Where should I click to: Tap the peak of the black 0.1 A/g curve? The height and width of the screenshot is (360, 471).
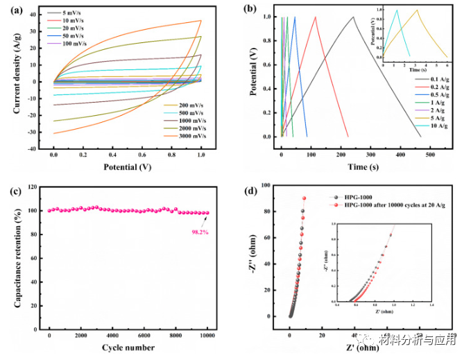click(x=352, y=17)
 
